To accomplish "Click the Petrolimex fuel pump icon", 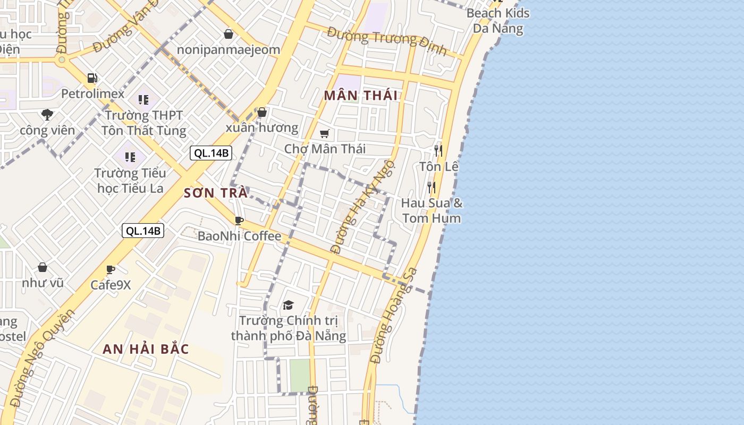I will coord(92,78).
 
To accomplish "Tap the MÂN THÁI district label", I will coord(361,96).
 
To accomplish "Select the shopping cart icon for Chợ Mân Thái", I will coord(324,133).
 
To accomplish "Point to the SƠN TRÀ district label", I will coord(216,193).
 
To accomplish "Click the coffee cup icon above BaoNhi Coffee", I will coord(239,220).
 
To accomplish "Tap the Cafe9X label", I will coord(111,285).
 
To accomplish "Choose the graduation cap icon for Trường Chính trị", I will coord(288,305).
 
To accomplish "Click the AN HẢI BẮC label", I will coord(146,349).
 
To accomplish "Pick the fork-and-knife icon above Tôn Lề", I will coord(438,150).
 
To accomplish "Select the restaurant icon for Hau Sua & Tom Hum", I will coord(432,187).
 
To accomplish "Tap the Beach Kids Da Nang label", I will coord(498,20).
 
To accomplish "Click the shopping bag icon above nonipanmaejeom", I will coord(229,34).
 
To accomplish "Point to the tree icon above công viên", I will coord(47,114).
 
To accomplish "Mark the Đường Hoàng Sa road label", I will coord(394,316).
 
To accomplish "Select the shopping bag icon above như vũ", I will coord(43,267).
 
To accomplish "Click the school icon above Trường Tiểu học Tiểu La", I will coord(130,157).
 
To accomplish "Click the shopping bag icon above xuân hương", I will coord(261,112).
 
